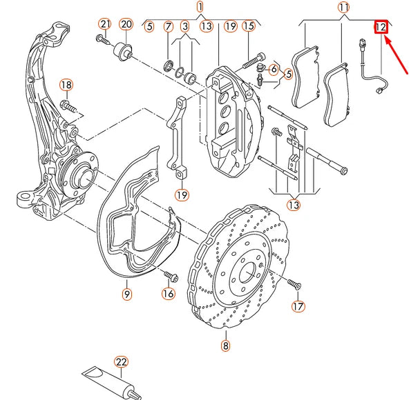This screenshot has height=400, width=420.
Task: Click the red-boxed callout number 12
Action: [x=381, y=28]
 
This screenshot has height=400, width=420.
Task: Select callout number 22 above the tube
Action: [x=122, y=363]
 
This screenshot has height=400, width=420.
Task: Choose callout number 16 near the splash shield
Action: [x=169, y=294]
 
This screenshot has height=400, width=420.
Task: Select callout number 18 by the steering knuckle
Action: [x=66, y=85]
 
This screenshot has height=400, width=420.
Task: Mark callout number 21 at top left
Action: [x=104, y=25]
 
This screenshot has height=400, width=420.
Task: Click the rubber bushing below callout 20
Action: [x=126, y=50]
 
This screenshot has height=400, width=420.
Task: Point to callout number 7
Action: [x=169, y=27]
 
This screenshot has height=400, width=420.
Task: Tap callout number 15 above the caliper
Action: [x=248, y=27]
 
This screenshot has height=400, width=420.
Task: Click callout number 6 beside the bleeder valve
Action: [x=274, y=70]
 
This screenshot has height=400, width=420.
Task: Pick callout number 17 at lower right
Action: [x=297, y=306]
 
